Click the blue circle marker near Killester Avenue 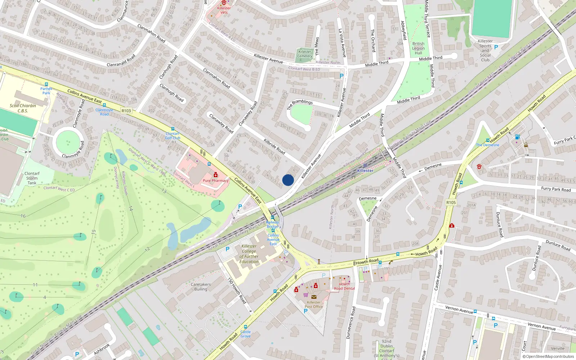288,180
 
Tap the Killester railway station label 365,171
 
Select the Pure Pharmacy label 215,181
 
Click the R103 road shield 126,111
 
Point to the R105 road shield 451,202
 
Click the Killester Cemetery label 305,54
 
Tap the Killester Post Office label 314,305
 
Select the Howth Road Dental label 344,286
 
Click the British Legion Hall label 418,48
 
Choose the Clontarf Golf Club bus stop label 172,136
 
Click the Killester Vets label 224,10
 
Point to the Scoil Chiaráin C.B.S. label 23,108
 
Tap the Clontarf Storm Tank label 32,178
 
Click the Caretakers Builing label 201,287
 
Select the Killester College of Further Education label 249,254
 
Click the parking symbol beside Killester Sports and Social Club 496,47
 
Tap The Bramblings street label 300,104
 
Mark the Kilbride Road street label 274,146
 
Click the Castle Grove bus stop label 246,334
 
